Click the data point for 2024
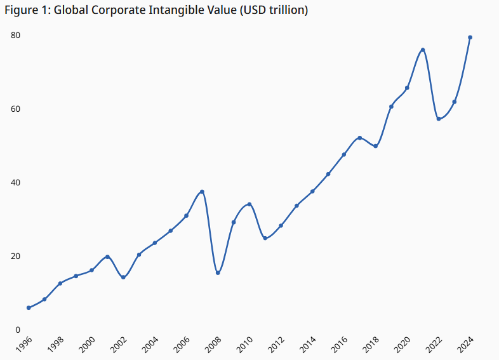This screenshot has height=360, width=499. (470, 37)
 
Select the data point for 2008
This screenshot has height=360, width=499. (218, 273)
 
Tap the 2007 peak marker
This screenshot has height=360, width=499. (202, 192)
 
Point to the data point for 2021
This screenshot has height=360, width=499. (423, 50)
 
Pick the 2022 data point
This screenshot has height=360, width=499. (439, 119)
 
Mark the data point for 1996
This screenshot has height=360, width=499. (29, 308)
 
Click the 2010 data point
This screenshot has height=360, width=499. (250, 204)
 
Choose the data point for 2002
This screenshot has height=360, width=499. (123, 277)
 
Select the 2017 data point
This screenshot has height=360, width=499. (360, 138)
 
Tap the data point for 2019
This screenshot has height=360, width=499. (391, 107)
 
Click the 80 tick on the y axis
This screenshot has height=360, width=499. (15, 36)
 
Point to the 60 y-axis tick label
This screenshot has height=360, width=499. (15, 109)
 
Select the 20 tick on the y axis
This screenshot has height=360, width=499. (15, 257)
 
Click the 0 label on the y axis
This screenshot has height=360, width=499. (18, 330)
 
